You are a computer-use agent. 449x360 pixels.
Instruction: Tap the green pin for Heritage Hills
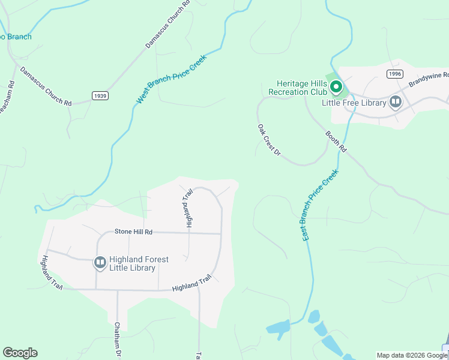336,88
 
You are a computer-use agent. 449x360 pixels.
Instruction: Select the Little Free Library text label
353,103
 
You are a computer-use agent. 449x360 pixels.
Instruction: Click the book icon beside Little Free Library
396,102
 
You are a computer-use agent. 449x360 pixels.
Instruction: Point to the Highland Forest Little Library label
139,263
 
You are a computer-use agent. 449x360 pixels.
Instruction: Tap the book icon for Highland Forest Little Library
100,263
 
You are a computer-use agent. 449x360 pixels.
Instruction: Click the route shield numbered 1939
100,95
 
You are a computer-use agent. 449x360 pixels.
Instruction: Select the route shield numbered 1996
394,74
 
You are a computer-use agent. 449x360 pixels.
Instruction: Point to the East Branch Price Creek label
321,205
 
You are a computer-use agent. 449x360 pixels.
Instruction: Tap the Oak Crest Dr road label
269,140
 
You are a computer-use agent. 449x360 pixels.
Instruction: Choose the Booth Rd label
337,141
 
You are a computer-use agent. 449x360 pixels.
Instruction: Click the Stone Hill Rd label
133,232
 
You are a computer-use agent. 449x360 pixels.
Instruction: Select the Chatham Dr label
118,340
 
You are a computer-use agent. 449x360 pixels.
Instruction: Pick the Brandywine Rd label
429,79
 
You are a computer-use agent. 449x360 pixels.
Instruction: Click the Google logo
20,353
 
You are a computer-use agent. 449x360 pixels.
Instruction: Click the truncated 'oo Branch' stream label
16,37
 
